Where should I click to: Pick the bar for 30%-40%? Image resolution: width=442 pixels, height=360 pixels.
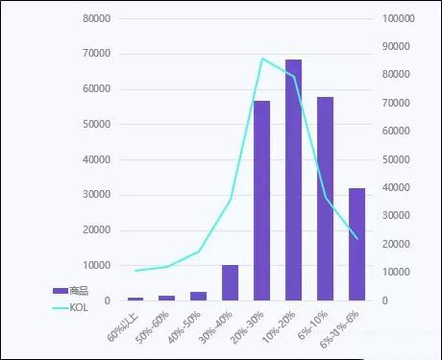coord(230,282)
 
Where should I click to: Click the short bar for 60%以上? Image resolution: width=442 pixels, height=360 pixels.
coord(135,299)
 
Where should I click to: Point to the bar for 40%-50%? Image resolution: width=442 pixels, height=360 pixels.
coord(198,296)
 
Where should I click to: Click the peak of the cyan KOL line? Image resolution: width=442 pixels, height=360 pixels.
coord(262,59)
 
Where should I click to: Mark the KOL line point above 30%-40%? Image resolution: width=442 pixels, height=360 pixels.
coord(230,200)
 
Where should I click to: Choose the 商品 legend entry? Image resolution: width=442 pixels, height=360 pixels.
coord(71,290)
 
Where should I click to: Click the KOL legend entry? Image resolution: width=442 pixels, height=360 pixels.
coord(71,307)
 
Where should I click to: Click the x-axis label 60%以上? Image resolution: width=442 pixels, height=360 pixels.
coord(125,326)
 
